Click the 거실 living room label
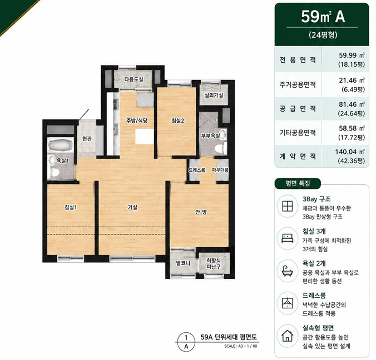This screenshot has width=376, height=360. point(132,207)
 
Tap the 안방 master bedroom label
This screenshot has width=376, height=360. point(201,212)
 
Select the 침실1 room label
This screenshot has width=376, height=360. point(71,207)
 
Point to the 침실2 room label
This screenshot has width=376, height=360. point(177,121)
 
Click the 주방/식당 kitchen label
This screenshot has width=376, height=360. point(137,121)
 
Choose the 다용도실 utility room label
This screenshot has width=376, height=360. point(133,79)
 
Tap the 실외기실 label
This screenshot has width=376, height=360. point(214,96)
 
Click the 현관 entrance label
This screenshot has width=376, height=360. point(87,139)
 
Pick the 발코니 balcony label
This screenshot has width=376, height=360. point(183,263)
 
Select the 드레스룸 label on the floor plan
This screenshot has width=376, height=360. point(197,170)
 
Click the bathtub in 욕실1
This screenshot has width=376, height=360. point(60,145)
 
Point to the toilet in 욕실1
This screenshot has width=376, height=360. point(55,172)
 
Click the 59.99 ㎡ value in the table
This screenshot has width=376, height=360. point(352,56)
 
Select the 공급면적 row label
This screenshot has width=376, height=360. point(298,108)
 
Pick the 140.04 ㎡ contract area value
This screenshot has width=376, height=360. point(350,152)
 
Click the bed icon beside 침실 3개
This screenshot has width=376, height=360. point(287,238)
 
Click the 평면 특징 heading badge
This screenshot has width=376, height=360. point(298,184)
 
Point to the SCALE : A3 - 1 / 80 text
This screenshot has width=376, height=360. point(240,346)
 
